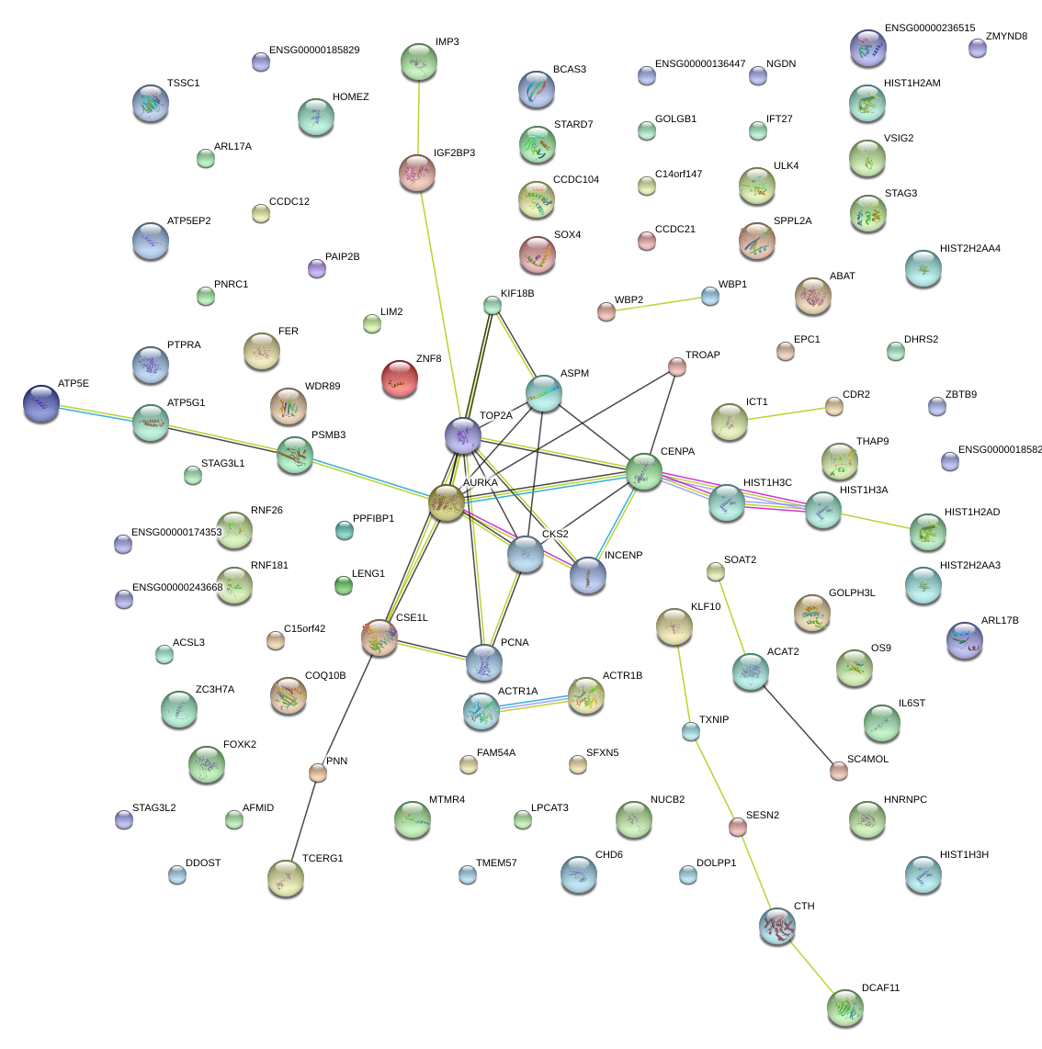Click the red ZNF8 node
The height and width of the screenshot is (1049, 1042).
[x=399, y=378]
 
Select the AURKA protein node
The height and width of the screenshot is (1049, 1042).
[x=447, y=502]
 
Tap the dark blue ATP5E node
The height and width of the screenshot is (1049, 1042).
[x=41, y=403]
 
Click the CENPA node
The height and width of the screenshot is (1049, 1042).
[x=643, y=471]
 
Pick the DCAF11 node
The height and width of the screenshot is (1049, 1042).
[x=844, y=1008]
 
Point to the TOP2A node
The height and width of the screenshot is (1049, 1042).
[x=463, y=435]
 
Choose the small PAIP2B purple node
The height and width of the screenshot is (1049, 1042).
[x=317, y=268]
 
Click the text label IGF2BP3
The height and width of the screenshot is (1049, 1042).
[x=454, y=153]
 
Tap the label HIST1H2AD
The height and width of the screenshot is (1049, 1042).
[x=971, y=513]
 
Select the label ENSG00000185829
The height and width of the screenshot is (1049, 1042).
[x=314, y=51]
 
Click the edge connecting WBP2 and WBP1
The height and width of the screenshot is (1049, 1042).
[x=658, y=304]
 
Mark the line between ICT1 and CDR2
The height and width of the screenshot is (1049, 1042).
[x=782, y=414]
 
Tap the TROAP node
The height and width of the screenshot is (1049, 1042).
[x=676, y=367]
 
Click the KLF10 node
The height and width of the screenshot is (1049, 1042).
[x=674, y=626]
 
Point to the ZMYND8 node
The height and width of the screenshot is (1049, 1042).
[x=977, y=48]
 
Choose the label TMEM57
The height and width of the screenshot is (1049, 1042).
[x=496, y=863]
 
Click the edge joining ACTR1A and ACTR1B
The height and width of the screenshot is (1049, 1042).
[x=533, y=703]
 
